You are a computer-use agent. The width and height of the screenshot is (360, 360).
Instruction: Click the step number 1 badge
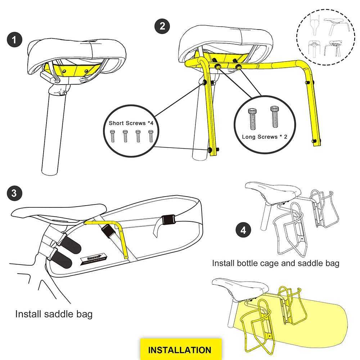pos(14,40)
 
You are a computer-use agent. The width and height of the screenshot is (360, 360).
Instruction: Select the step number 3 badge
pos(14,193)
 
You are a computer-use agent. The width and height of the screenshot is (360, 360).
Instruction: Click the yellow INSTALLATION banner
pos(180,350)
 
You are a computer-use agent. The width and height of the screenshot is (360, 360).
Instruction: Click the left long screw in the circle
pos(252,118)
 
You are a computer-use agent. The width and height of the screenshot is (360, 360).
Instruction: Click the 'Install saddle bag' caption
pos(54,314)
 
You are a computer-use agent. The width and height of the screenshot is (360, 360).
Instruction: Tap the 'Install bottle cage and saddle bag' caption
pos(275,263)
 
